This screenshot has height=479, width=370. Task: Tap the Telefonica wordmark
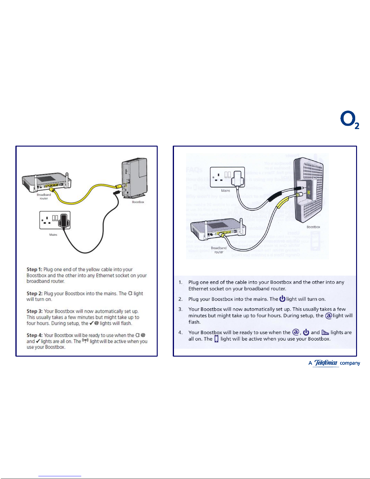pos(326,363)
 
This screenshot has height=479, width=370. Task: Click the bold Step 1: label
pos(34,269)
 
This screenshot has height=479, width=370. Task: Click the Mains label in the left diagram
pos(53,235)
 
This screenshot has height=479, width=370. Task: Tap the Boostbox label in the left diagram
pos(138,202)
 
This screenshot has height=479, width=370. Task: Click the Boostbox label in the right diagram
pos(313,227)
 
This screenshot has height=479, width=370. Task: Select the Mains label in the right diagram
pos(226,191)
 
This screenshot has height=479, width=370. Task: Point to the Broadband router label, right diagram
pos(219,250)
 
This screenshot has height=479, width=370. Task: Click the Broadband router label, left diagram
pos(44,196)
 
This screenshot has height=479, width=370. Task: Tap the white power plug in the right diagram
pos(237,178)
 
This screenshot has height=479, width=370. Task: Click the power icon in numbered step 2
pos(282,299)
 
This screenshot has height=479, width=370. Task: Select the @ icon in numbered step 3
pos(328,316)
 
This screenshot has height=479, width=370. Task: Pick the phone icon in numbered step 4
pos(216,339)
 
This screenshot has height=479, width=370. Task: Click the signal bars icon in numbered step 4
pos(325,332)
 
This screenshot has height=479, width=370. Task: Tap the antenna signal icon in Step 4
pos(85,341)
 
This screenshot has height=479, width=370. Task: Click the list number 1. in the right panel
pos(181,282)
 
